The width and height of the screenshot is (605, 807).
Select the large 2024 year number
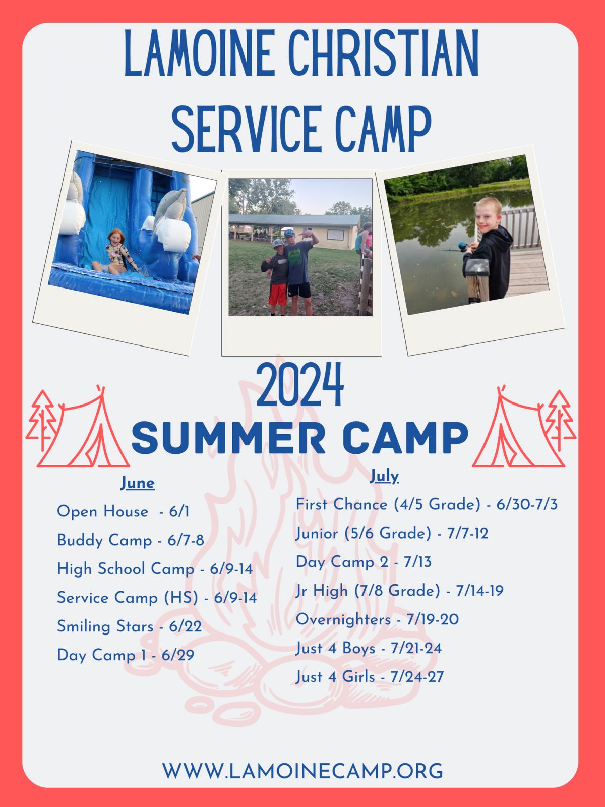[300, 384]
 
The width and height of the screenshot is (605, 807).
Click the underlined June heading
[138, 483]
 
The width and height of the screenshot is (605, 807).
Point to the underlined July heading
[384, 477]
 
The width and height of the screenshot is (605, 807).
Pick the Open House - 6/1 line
[123, 512]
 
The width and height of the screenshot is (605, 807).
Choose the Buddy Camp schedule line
[131, 541]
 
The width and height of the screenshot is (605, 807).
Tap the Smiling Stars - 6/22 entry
[129, 626]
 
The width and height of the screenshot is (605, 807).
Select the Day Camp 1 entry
[126, 655]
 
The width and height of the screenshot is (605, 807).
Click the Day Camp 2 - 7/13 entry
[364, 562]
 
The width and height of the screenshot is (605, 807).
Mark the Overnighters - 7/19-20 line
[377, 619]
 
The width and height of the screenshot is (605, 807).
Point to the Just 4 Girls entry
[370, 677]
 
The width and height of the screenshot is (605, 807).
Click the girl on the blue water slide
[116, 252]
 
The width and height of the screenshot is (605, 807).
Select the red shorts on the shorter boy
[277, 294]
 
